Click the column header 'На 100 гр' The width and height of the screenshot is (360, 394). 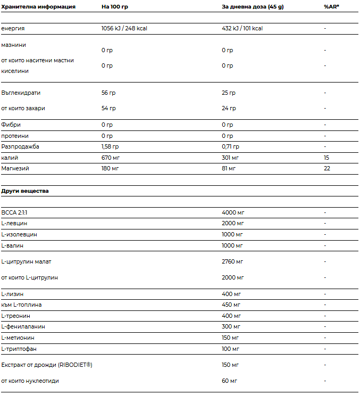114,7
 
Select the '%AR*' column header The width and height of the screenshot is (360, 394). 332,7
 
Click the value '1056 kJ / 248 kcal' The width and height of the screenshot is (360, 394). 124,28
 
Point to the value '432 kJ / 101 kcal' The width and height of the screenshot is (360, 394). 242,28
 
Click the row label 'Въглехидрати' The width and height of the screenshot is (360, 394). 21,93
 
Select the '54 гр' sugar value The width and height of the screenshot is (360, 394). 108,108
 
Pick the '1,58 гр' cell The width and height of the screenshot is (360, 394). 110,146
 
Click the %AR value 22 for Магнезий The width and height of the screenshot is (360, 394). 327,168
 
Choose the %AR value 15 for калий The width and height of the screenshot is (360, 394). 326,158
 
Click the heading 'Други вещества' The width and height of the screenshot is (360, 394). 25,191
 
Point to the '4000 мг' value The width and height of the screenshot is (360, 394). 233,212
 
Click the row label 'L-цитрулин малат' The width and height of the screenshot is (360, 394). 27,261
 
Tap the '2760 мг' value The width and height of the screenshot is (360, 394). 232,261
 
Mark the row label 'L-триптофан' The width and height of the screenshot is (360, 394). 19,349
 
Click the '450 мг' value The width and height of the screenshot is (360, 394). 231,305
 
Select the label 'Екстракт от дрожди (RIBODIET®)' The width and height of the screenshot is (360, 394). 47,365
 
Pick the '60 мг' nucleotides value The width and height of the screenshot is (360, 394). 229,381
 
